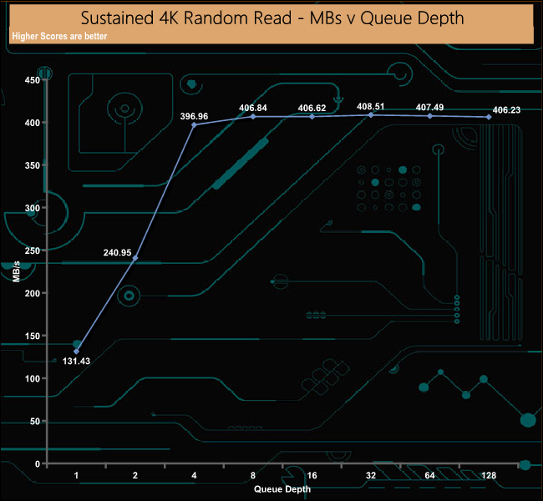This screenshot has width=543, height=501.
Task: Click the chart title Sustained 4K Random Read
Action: click(272, 18)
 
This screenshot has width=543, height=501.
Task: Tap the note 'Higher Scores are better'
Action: click(59, 37)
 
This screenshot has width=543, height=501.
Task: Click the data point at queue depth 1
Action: click(77, 352)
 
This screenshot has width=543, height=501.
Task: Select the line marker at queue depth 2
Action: click(135, 258)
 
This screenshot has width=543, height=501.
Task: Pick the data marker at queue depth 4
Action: click(195, 125)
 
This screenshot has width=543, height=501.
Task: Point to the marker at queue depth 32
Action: click(371, 114)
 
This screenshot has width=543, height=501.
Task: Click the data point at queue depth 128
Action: click(489, 117)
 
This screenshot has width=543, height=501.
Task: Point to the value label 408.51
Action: click(370, 106)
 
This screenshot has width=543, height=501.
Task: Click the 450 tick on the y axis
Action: click(32, 80)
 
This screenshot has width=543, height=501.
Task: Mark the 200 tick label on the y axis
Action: click(32, 293)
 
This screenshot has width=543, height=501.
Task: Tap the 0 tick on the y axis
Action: click(37, 463)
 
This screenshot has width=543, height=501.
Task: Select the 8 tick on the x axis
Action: click(253, 476)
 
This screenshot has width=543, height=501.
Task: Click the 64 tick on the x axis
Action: click(429, 476)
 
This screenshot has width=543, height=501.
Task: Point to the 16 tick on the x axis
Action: click(312, 476)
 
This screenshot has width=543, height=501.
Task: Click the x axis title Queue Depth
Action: click(282, 488)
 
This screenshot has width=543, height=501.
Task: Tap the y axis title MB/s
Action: click(16, 272)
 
